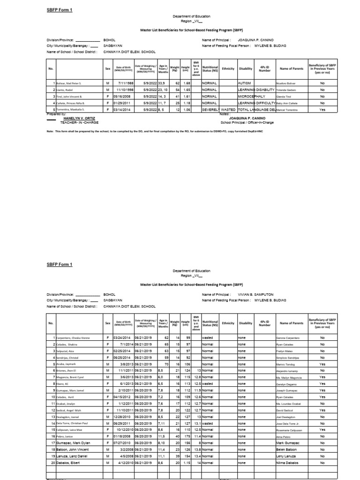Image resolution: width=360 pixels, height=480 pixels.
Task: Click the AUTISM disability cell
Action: (245, 82)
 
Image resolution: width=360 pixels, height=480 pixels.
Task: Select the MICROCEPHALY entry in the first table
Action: (251, 96)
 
